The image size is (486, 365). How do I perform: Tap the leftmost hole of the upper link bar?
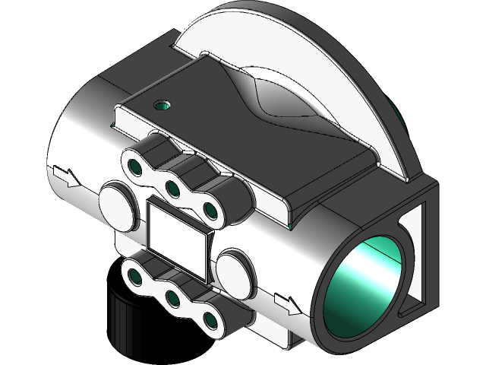tap(136, 165)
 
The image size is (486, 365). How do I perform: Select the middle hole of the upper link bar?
tap(173, 187)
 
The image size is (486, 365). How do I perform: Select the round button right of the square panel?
tap(235, 274)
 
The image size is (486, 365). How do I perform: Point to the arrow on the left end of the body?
tap(68, 178)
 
